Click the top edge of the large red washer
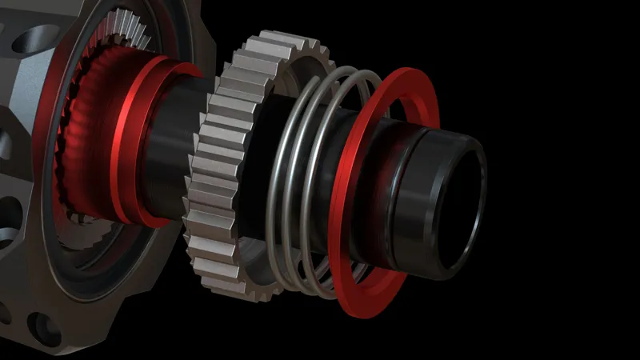tap(408, 76)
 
